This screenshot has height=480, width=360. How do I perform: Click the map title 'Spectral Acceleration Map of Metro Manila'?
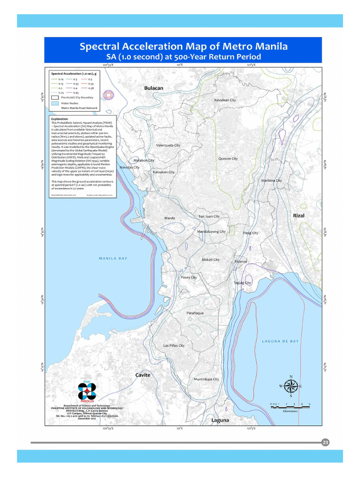point(183,47)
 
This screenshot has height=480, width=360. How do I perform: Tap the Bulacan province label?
point(153,88)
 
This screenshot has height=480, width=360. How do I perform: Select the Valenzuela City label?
point(168,145)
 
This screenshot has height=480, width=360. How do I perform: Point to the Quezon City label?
point(228,158)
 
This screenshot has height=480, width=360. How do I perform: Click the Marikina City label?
point(271,180)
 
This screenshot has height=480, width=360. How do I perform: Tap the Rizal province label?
point(299,216)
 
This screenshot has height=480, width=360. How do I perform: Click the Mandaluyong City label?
point(211,232)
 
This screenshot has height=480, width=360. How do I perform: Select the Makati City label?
point(210,260)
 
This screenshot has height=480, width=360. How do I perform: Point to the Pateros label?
point(240,262)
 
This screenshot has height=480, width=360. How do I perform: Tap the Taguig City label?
point(242,283)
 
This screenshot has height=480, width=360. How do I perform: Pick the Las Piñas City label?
point(173,345)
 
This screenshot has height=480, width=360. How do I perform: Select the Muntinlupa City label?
point(206,379)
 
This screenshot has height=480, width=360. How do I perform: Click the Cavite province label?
point(143,375)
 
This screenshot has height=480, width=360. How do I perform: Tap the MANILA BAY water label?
point(112,258)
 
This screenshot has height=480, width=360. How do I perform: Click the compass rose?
point(291,386)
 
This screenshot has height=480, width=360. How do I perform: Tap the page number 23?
point(325,442)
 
